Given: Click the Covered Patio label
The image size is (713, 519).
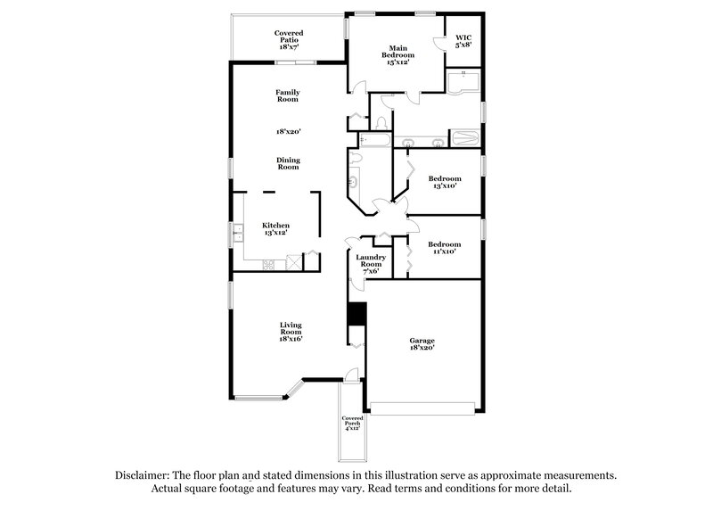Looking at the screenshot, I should (x=287, y=41).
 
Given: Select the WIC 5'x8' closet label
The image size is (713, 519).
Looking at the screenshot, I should (x=462, y=39).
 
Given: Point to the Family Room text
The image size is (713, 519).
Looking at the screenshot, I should (x=287, y=95).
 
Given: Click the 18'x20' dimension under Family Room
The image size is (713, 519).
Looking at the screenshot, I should (x=287, y=131).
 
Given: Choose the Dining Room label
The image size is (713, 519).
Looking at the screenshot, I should (x=287, y=163).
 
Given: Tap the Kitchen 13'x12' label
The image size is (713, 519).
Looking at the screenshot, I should (x=275, y=229).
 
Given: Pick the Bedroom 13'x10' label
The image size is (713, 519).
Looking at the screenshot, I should (x=444, y=182).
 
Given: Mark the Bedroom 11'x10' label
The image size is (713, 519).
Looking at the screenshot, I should (x=444, y=248).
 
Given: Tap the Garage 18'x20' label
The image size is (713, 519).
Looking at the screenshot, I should (x=422, y=344).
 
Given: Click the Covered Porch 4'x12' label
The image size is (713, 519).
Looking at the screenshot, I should (x=352, y=423).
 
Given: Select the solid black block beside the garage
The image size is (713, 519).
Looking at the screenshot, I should (x=357, y=315).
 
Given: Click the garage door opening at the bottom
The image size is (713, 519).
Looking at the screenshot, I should (x=422, y=408).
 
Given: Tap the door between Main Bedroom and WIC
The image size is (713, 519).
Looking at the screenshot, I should (x=438, y=46).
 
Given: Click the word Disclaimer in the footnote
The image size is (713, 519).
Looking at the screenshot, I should (x=144, y=475).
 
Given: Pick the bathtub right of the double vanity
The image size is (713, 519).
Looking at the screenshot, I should (x=463, y=139).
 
